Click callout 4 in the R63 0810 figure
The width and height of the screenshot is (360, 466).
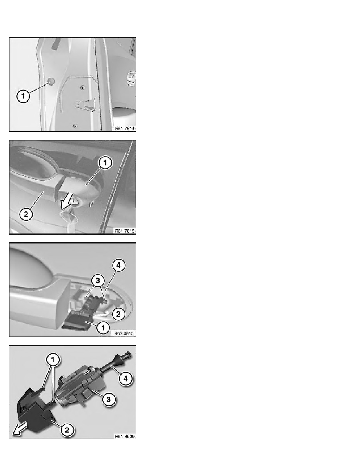[x=119, y=266]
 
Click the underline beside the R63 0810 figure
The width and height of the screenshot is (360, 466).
[x=201, y=248]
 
